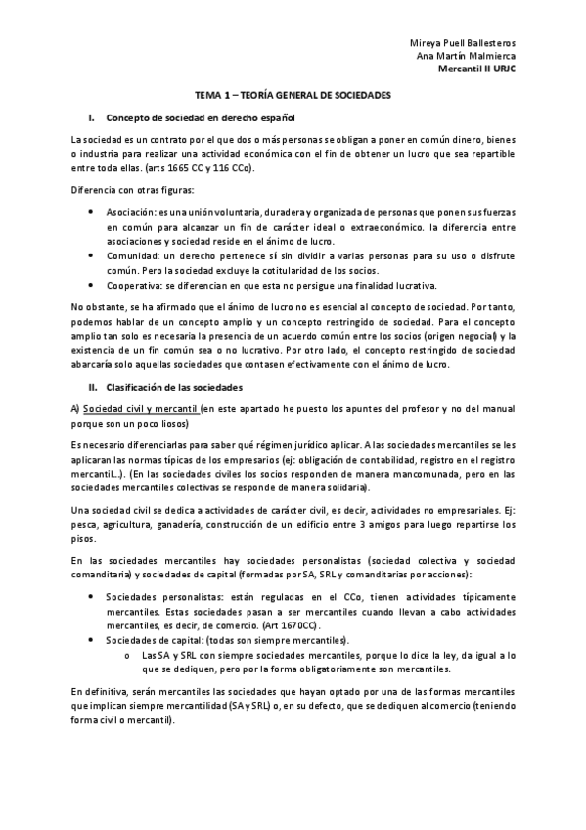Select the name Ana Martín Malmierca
[467, 57]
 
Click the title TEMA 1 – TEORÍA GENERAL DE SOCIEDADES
[293, 96]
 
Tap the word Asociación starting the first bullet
[132, 212]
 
